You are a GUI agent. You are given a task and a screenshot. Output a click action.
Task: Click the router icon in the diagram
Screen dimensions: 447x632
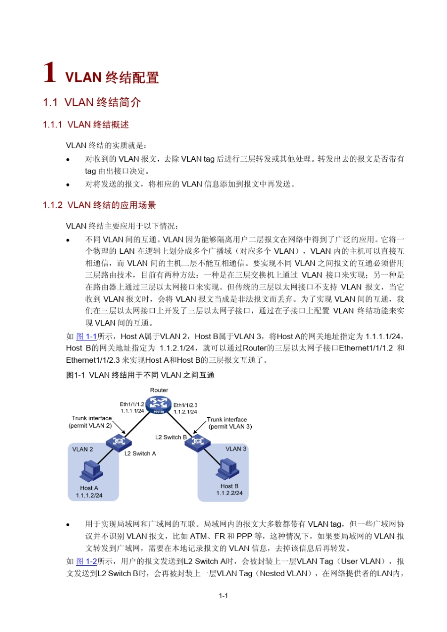coord(159,404)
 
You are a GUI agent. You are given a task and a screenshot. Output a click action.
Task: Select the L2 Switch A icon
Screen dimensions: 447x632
coord(119,442)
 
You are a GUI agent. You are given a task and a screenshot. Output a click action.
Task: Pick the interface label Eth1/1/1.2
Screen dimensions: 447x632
coord(132,404)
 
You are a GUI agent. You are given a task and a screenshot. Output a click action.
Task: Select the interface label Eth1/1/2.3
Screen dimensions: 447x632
coord(185,405)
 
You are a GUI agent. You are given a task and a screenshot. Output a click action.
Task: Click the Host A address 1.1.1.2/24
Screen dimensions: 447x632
coord(89,495)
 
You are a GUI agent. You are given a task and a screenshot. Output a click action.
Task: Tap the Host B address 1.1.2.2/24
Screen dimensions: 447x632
coord(230,493)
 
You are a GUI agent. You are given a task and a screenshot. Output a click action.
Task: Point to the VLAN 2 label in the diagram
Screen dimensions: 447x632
coord(82,449)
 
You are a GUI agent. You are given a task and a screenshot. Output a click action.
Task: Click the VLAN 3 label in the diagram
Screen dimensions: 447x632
coord(236,449)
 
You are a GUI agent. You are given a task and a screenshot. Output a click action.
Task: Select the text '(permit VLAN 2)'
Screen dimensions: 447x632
coord(90,426)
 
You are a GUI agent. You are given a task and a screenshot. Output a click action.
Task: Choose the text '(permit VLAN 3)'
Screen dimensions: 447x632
coord(230,427)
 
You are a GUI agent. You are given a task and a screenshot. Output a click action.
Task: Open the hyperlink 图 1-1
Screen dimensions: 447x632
coord(86,336)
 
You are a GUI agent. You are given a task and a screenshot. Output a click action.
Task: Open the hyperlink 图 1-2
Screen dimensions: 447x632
coord(86,561)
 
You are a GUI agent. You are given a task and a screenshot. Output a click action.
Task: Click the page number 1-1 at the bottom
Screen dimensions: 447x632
coord(223,596)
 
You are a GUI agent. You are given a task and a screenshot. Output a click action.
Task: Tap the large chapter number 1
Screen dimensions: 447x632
coord(49,73)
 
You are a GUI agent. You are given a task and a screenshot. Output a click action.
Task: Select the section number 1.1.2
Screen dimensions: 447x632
coord(52,205)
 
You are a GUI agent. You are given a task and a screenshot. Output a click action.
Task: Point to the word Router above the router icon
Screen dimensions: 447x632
coord(159,390)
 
